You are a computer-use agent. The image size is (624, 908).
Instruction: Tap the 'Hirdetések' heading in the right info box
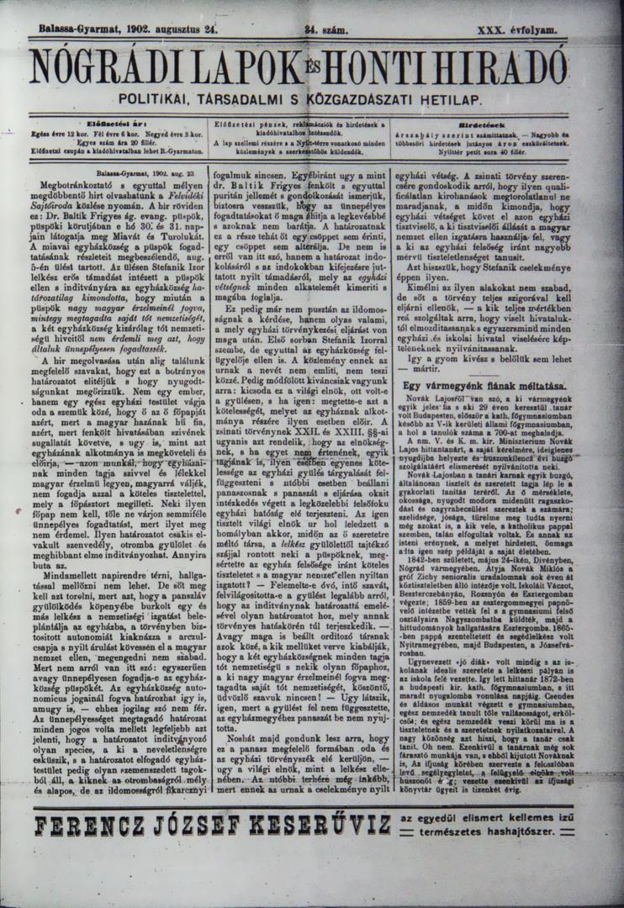[x=505, y=124]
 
